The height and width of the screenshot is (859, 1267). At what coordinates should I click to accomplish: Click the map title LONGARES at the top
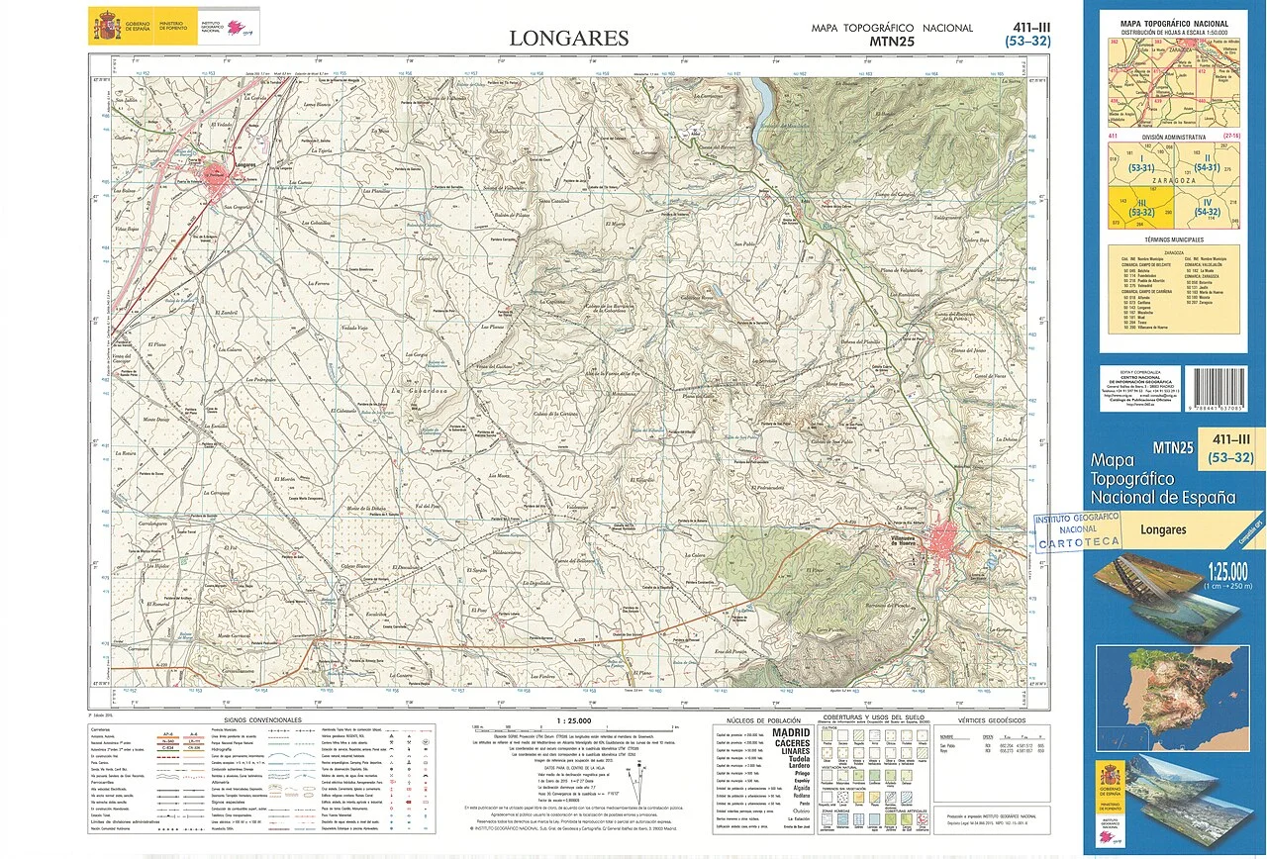coord(568,39)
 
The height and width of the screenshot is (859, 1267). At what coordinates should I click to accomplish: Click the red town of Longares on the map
coord(217,177)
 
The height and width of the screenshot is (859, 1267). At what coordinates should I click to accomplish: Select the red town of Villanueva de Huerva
coord(941,539)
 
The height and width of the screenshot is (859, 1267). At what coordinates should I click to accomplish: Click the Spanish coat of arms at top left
coord(106,25)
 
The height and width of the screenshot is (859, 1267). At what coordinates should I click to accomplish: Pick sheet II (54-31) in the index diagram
coord(1206,163)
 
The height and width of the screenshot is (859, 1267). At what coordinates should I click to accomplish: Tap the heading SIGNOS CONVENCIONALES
coord(262,719)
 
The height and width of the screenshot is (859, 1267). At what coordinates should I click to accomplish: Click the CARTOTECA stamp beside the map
coord(1077,530)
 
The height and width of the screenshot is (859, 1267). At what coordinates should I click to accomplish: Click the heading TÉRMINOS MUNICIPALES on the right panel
coord(1173,240)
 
